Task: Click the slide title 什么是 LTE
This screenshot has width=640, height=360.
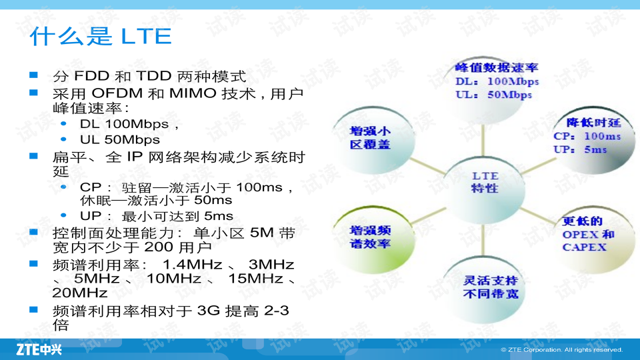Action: [101, 36]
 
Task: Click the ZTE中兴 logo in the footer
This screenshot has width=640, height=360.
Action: [39, 350]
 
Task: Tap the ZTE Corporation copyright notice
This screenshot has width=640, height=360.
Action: [561, 350]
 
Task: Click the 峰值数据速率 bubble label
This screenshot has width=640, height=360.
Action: [497, 67]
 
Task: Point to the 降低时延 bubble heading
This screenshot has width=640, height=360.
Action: [594, 123]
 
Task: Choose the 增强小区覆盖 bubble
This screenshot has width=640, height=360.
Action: [373, 141]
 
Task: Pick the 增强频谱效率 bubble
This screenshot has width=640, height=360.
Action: [373, 240]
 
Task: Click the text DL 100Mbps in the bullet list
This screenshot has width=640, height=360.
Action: [124, 124]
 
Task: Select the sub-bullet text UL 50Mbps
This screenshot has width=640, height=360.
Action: [120, 139]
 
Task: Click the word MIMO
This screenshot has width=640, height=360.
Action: [193, 93]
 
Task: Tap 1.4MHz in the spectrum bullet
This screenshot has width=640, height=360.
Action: [193, 265]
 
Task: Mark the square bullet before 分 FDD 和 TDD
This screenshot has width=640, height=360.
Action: [33, 75]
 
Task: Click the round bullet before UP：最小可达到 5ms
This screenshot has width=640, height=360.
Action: [63, 215]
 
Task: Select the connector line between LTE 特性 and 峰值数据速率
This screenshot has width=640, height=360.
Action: [483, 141]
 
